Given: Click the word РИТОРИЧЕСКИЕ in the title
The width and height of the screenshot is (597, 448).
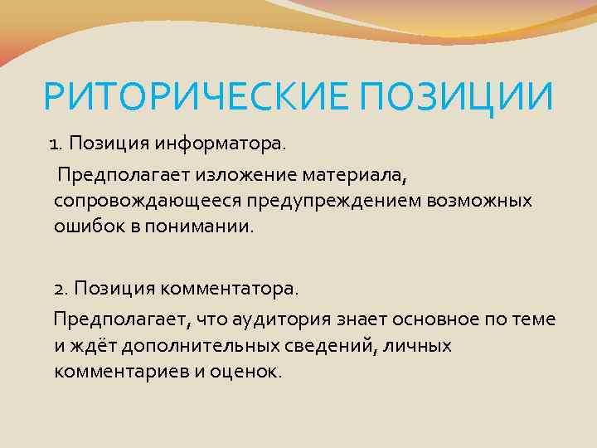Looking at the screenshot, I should click(182, 99).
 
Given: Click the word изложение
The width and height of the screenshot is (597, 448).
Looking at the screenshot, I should click(260, 175).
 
